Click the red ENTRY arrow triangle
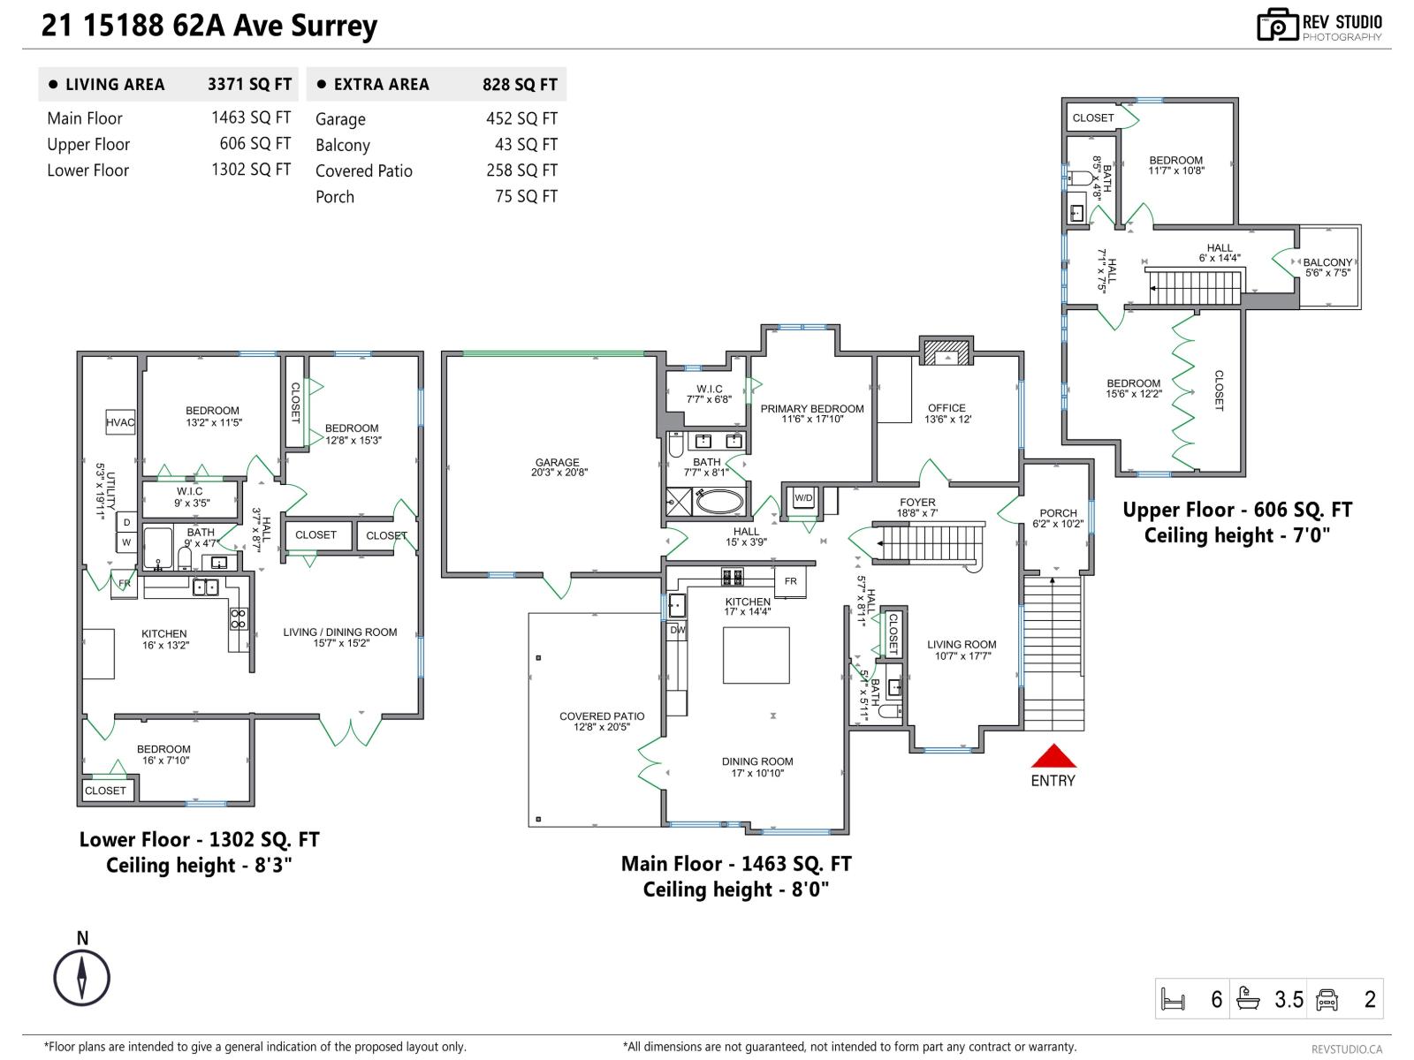pyautogui.click(x=1053, y=756)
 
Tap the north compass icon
pyautogui.click(x=81, y=978)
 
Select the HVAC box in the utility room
pyautogui.click(x=120, y=422)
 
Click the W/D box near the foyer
pyautogui.click(x=803, y=498)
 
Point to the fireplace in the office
pyautogui.click(x=946, y=352)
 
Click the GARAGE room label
pyautogui.click(x=557, y=462)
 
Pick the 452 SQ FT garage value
pyautogui.click(x=521, y=118)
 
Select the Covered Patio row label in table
pyautogui.click(x=363, y=170)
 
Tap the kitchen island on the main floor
pyautogui.click(x=756, y=655)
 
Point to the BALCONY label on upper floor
pyautogui.click(x=1327, y=262)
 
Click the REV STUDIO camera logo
pyautogui.click(x=1277, y=25)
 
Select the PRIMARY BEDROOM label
pyautogui.click(x=811, y=408)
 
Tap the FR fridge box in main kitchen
pyautogui.click(x=790, y=581)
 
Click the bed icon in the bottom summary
pyautogui.click(x=1173, y=1000)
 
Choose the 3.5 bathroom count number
pyautogui.click(x=1289, y=1000)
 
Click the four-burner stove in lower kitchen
pyautogui.click(x=239, y=618)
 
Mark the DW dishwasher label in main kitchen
pyautogui.click(x=677, y=630)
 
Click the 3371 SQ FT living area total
pyautogui.click(x=249, y=85)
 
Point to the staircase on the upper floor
pyautogui.click(x=1194, y=288)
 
